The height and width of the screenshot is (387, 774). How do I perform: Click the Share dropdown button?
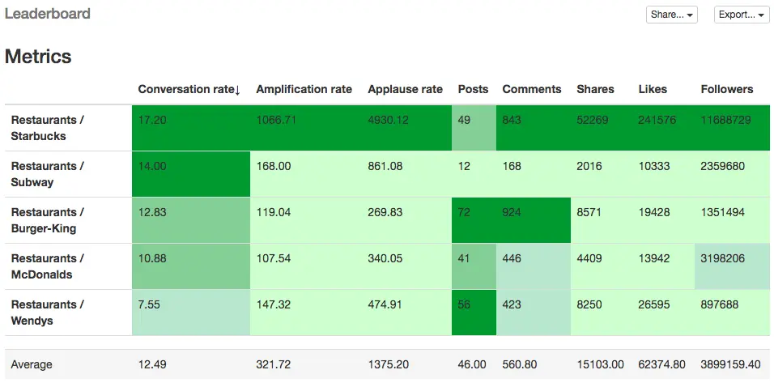[x=671, y=15]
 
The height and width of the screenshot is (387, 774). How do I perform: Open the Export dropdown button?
[x=741, y=15]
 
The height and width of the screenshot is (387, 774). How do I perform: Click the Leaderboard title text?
[x=48, y=14]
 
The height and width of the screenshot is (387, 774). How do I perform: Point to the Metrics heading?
[x=38, y=57]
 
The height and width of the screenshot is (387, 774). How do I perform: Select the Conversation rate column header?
[x=189, y=89]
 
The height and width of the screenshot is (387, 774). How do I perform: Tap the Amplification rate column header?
[x=304, y=89]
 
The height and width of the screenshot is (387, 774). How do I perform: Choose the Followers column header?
[x=726, y=89]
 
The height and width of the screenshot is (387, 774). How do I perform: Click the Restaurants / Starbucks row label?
[x=48, y=128]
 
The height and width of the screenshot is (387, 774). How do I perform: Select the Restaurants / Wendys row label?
[x=48, y=313]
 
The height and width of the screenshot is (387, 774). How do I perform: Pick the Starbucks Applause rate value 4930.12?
[x=388, y=120]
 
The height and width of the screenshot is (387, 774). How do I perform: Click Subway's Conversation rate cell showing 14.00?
[x=152, y=166]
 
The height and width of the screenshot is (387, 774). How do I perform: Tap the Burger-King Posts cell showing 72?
[x=465, y=212]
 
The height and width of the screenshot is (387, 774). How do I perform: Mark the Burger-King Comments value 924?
[x=512, y=212]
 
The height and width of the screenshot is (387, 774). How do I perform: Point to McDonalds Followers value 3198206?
[x=722, y=258]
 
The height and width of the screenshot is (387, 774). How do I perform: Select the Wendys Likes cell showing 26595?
[x=654, y=304]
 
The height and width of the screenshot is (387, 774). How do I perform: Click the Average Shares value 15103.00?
[x=600, y=364]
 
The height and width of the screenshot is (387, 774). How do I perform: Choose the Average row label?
[x=32, y=364]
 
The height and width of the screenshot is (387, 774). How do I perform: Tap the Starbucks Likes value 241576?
[x=657, y=120]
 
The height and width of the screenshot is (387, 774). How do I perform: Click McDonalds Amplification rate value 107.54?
[x=273, y=258]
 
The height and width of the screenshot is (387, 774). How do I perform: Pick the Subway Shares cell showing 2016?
[x=589, y=166]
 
